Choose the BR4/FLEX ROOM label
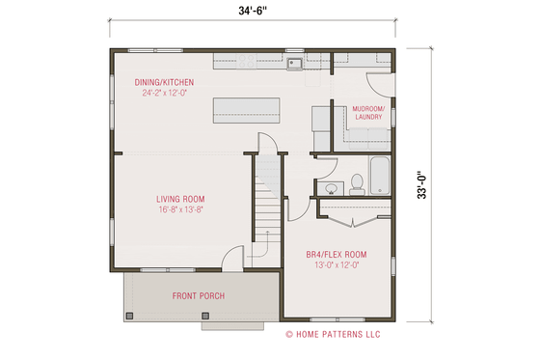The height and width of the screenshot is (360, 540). (337, 254)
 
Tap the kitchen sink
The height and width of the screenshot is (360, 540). (294, 65)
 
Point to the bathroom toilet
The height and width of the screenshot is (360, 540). (355, 180)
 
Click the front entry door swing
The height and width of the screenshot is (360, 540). (231, 259)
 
